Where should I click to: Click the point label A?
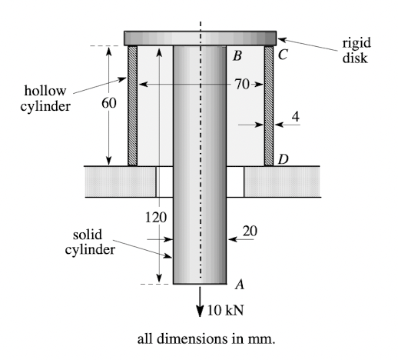240,284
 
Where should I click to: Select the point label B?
237,55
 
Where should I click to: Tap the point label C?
283,55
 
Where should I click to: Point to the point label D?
283,159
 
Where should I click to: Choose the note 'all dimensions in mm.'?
198,338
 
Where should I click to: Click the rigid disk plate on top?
200,38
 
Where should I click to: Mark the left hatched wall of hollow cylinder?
132,105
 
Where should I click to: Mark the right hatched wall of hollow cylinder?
269,105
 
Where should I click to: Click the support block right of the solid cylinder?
281,181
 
